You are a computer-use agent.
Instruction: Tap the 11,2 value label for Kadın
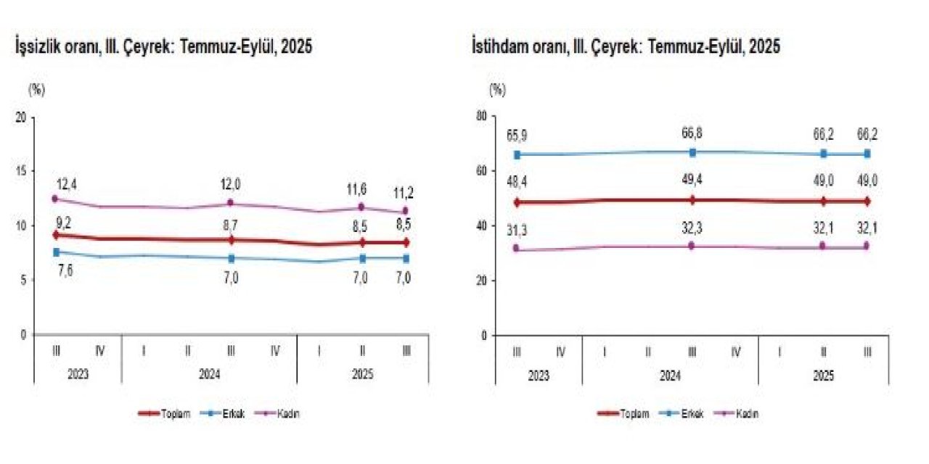pos(405,193)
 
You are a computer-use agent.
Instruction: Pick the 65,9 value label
pos(517,136)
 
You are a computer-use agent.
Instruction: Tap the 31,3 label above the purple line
pos(517,231)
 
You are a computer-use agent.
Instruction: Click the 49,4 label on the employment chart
pos(692,180)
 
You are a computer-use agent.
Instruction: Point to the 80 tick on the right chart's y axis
pos(480,116)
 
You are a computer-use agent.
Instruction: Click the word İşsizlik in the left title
pos(37,48)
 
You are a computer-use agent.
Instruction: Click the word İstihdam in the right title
pos(499,48)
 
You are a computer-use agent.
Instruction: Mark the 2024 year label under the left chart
pos(209,376)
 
